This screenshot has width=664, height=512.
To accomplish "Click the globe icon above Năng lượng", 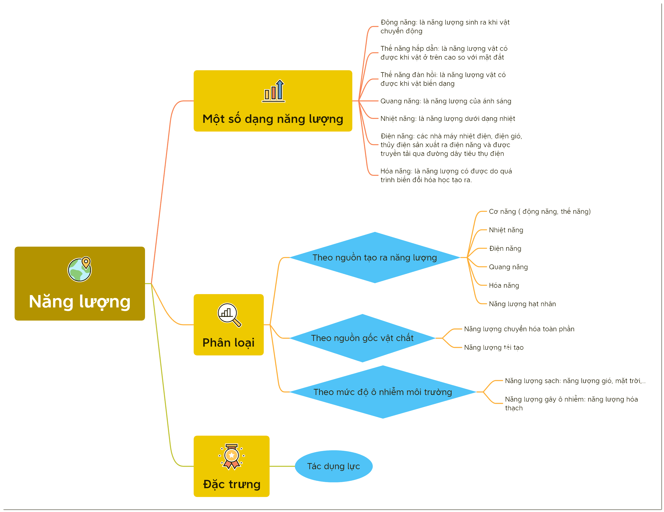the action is (79, 269).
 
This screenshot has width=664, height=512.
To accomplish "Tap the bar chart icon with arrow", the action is (274, 91).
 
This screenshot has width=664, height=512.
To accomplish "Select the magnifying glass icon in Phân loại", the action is (229, 315).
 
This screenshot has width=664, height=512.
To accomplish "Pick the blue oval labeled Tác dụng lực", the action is (334, 466).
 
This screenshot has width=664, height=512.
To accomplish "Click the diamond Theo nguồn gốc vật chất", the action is (362, 338).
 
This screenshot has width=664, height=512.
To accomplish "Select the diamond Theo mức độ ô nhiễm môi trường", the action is (383, 392).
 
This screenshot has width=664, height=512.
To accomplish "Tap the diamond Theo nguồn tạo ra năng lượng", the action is (375, 257).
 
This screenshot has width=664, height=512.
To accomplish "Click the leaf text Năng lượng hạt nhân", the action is (522, 304).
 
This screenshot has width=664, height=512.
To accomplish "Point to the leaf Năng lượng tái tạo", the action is (494, 347).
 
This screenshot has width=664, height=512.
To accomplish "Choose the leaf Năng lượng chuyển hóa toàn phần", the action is (519, 329).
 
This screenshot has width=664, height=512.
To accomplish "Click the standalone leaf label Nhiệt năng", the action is (506, 230).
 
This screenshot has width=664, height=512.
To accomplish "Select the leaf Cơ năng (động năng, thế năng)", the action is (540, 211).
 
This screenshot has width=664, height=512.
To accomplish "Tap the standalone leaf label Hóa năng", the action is (504, 285).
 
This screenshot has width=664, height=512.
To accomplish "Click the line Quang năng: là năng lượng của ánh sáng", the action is (446, 101).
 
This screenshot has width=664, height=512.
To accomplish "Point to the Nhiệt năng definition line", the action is (447, 118).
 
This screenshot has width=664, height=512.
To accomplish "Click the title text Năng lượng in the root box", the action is (80, 302).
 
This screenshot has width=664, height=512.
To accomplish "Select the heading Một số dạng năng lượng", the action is (273, 119).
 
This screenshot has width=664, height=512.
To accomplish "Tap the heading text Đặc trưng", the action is (232, 484).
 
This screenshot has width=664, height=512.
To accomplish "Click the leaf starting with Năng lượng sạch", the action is (575, 381).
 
